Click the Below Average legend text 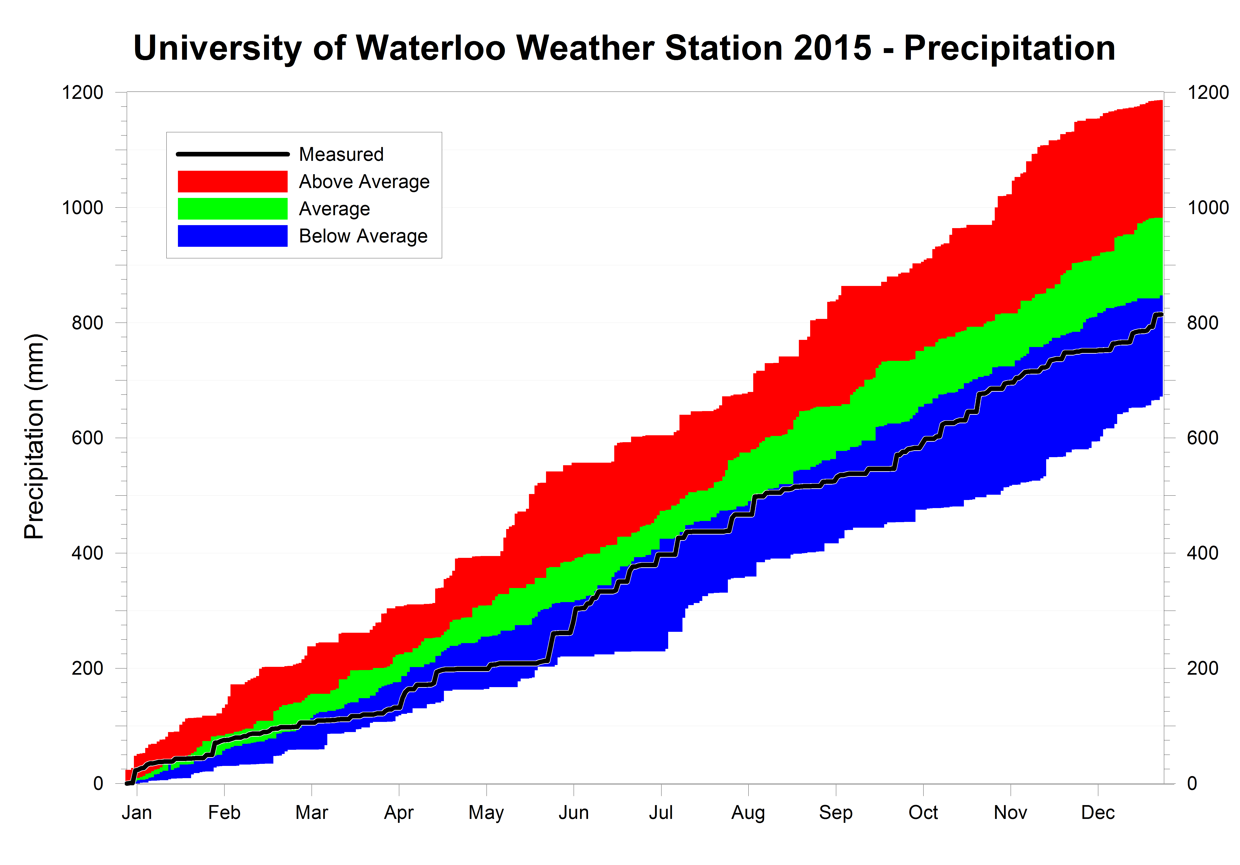click(x=363, y=236)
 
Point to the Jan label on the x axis click(x=137, y=813)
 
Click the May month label click(x=486, y=813)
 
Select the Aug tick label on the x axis click(x=748, y=813)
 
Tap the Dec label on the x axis click(x=1097, y=813)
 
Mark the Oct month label click(x=923, y=813)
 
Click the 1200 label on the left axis click(x=82, y=92)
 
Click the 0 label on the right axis click(x=1192, y=783)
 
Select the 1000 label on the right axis click(x=1208, y=207)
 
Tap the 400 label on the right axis click(x=1202, y=553)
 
